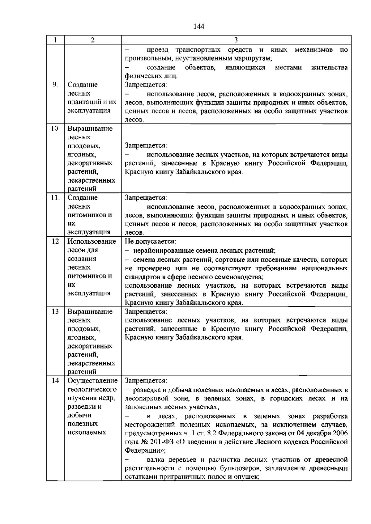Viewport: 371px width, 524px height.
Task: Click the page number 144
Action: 199,27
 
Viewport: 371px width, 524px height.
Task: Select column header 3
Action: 236,40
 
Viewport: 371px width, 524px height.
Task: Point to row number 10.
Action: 55,129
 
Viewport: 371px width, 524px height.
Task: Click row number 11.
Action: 55,198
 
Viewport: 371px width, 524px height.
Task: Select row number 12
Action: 55,242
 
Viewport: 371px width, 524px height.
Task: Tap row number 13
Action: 55,311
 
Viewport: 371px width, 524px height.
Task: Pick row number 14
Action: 55,381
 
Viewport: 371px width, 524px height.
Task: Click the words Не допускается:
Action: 150,242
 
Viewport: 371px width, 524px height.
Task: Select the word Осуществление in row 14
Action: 92,381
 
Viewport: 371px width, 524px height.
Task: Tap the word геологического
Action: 92,389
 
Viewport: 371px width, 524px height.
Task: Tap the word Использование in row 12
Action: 92,242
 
